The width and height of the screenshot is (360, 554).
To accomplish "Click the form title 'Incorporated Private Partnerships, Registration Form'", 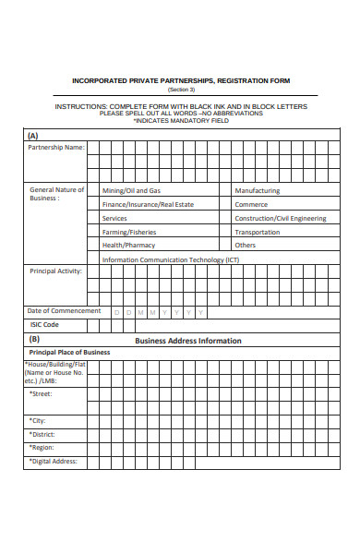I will [x=181, y=80].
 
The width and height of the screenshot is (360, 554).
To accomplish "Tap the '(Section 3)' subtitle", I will [x=181, y=90].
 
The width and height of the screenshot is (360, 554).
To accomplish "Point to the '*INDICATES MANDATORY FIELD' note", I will [x=181, y=121].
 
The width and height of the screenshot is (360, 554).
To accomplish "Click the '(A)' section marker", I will [x=33, y=135].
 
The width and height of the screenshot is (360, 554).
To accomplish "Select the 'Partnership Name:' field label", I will [x=55, y=147].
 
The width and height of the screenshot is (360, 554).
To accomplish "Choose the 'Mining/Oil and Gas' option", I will [x=131, y=190].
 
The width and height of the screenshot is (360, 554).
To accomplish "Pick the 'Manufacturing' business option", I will [x=257, y=190].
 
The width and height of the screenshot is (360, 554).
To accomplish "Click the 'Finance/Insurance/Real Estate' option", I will [x=148, y=204].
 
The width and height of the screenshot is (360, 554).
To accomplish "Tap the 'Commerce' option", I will [x=251, y=204].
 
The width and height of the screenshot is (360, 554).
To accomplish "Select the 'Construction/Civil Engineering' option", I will [x=280, y=218].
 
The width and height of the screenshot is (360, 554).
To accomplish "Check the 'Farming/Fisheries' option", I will [x=129, y=232].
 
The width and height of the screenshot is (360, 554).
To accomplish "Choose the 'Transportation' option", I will [x=258, y=232].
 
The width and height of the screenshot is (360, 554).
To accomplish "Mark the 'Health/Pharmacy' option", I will [x=128, y=246].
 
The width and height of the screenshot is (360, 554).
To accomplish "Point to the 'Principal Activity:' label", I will [x=56, y=271].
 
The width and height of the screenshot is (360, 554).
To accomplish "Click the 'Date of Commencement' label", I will [x=64, y=311].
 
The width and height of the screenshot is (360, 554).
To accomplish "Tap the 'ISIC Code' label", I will [x=44, y=325].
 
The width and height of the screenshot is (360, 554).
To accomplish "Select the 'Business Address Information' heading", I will [x=188, y=340].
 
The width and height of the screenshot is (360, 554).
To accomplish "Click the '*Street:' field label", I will [x=41, y=394].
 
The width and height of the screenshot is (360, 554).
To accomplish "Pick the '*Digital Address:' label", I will [x=54, y=461].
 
